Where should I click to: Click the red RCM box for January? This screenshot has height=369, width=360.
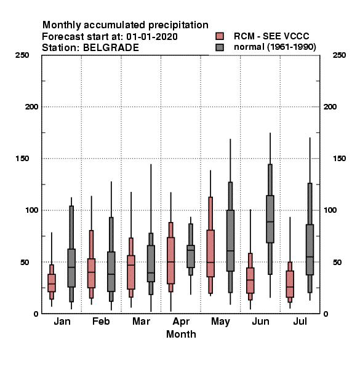click(52, 283)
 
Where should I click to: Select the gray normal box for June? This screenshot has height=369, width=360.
click(270, 219)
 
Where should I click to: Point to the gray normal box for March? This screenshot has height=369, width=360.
click(151, 263)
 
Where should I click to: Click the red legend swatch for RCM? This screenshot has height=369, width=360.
click(220, 36)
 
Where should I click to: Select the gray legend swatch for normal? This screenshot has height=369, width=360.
click(220, 47)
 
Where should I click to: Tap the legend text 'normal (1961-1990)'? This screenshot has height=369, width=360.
click(275, 47)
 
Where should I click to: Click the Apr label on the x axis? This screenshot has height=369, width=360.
click(181, 322)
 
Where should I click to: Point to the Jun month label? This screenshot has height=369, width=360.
click(260, 321)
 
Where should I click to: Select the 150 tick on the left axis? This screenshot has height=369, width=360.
click(22, 159)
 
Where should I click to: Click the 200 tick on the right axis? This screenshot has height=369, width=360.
click(330, 107)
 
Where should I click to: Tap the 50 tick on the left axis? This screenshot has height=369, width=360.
click(25, 262)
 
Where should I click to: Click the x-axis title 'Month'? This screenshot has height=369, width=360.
click(181, 334)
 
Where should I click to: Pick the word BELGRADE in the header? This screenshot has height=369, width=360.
click(111, 48)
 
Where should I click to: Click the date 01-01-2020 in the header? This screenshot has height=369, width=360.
click(152, 37)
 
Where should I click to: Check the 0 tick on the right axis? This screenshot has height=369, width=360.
click(326, 314)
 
